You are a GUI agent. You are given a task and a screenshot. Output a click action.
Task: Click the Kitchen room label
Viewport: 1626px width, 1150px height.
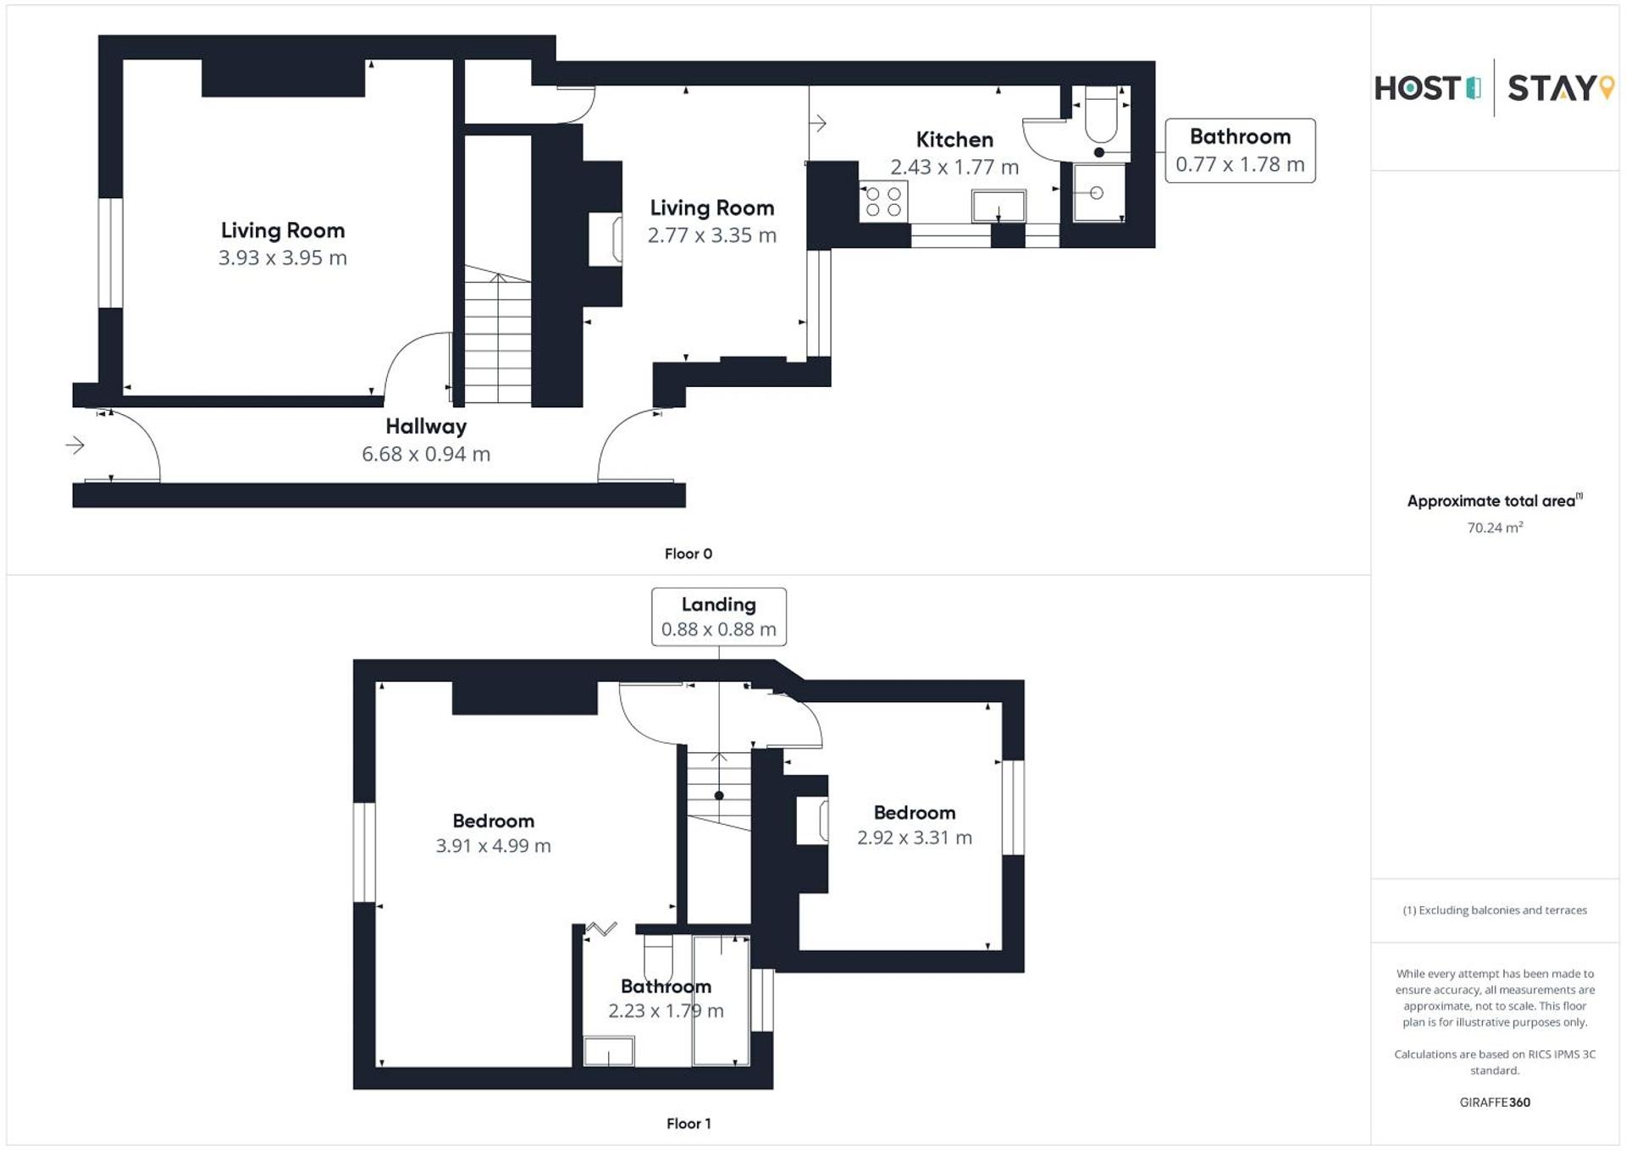(x=954, y=140)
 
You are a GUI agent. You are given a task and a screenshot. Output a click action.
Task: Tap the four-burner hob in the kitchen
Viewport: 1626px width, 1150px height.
(x=883, y=202)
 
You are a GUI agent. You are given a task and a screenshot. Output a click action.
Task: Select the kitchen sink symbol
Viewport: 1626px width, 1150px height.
(x=998, y=205)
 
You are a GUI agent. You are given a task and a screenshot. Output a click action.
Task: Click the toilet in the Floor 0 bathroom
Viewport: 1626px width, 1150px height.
(x=1101, y=116)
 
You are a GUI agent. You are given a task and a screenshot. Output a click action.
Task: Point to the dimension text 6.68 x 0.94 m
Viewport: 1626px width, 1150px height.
(x=426, y=454)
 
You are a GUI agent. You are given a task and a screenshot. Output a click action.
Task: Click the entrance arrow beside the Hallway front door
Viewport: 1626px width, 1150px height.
(x=75, y=445)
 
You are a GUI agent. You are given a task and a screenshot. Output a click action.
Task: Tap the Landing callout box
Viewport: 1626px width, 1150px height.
(x=718, y=616)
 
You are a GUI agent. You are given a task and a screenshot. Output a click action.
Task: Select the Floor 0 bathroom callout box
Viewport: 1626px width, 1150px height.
(x=1240, y=151)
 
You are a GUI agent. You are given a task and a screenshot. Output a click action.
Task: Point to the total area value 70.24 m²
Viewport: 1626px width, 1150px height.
(x=1495, y=528)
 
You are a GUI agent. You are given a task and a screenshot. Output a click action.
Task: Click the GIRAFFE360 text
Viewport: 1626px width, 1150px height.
(x=1495, y=1102)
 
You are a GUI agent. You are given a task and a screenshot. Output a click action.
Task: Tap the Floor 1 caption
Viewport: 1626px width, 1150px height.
(x=689, y=1124)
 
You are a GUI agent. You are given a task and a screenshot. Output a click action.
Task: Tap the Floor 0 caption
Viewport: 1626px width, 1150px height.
(x=689, y=554)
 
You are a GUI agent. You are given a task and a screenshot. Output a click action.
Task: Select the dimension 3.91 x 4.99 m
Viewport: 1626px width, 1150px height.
(x=493, y=846)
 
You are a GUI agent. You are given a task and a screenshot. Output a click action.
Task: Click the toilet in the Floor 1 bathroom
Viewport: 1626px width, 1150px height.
(x=658, y=957)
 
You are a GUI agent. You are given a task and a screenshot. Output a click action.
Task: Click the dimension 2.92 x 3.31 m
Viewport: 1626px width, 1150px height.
(x=914, y=838)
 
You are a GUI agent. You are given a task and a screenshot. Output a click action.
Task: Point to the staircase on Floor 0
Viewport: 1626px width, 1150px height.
(x=498, y=339)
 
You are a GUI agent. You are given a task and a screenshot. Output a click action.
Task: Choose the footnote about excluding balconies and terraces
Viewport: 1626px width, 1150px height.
(x=1495, y=910)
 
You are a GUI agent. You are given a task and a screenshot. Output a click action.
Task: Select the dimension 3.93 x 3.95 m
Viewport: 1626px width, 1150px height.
(x=282, y=258)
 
